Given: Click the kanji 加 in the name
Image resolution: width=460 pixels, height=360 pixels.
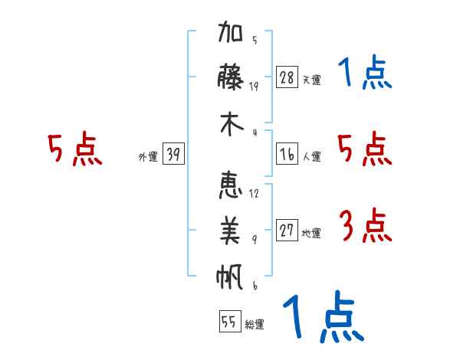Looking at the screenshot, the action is pyautogui.click(x=230, y=31).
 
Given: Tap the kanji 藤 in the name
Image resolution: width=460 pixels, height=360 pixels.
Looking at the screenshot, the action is pyautogui.click(x=230, y=77).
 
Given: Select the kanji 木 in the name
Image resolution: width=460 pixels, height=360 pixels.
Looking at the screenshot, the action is pyautogui.click(x=232, y=124).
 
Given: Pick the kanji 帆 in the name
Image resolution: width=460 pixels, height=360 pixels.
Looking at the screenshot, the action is pyautogui.click(x=230, y=277).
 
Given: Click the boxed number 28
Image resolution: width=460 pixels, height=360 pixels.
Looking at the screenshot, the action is pyautogui.click(x=287, y=77).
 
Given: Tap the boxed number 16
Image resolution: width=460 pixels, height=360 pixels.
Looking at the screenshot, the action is pyautogui.click(x=287, y=154).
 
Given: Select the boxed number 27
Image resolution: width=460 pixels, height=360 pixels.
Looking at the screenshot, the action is pyautogui.click(x=287, y=230).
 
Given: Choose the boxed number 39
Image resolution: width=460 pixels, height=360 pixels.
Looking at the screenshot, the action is pyautogui.click(x=173, y=154).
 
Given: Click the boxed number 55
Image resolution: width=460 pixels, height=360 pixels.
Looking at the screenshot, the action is pyautogui.click(x=230, y=321).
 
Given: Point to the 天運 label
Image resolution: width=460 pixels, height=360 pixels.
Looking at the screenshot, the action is pyautogui.click(x=312, y=80).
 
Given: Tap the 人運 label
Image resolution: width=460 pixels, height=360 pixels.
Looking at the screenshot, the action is pyautogui.click(x=312, y=156).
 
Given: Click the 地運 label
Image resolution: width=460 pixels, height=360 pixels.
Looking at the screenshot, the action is pyautogui.click(x=311, y=234).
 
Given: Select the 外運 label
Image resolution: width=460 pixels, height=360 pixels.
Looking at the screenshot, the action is pyautogui.click(x=148, y=156).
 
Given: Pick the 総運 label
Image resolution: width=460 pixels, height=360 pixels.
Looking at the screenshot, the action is pyautogui.click(x=255, y=324).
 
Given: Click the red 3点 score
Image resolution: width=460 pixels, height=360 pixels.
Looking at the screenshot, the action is pyautogui.click(x=366, y=225).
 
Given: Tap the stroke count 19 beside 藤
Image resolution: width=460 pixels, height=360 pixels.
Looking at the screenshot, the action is pyautogui.click(x=254, y=87).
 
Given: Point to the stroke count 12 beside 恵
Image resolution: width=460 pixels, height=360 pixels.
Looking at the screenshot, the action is pyautogui.click(x=254, y=194).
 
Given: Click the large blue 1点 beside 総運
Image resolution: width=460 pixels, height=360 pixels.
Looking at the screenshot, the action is pyautogui.click(x=324, y=316).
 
